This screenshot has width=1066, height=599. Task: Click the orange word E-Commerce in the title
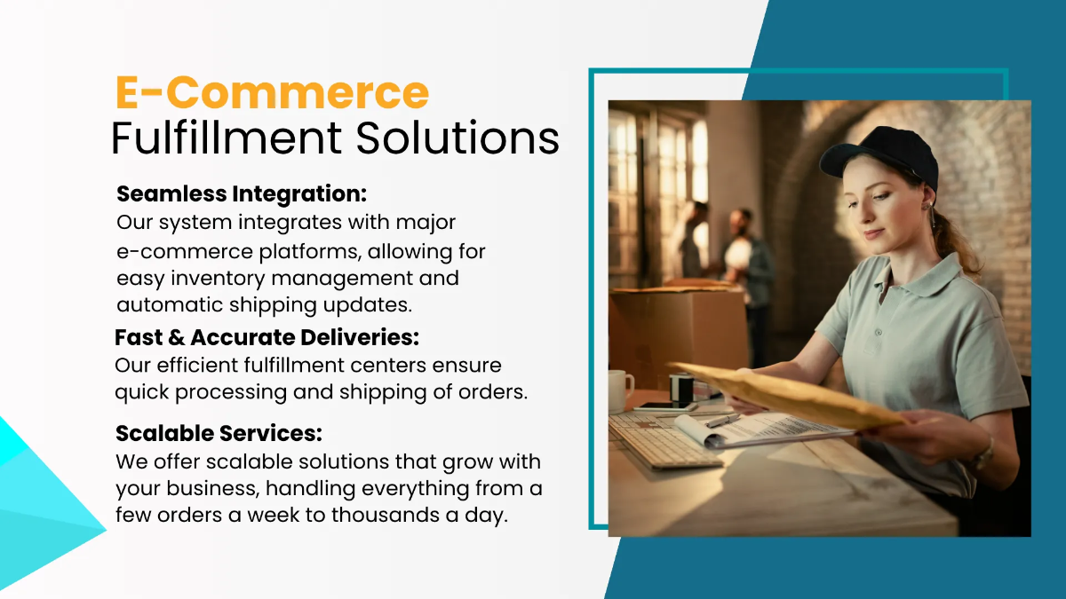coord(272,93)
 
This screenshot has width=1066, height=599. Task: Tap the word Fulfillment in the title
coord(226,138)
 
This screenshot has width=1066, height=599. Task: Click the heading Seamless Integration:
coord(242,193)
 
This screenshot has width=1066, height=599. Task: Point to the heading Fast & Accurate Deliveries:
coord(266,338)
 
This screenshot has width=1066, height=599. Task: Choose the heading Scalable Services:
coord(219,434)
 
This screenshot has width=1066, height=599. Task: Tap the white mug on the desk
coord(620,390)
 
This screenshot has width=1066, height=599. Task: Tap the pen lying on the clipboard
coord(723,421)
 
